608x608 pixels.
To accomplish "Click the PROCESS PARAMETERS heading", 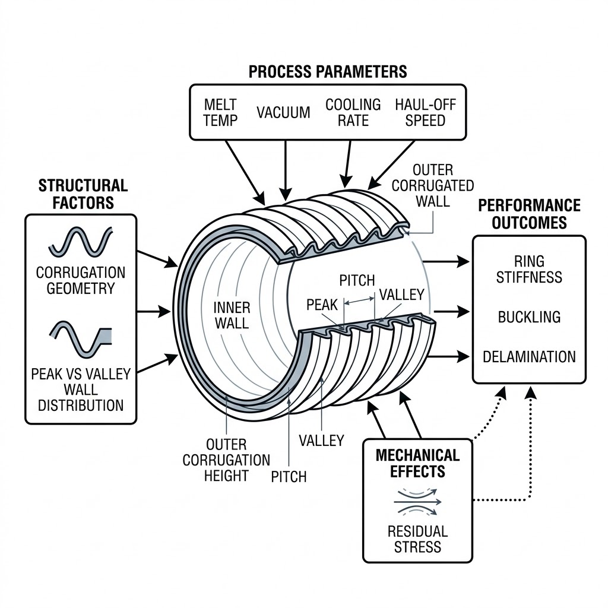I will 328,71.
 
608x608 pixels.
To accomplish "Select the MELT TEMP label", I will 220,112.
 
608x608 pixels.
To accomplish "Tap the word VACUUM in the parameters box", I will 283,113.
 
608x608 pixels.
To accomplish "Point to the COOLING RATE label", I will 353,112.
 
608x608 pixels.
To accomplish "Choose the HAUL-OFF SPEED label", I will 425,112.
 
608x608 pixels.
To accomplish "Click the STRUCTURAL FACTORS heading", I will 83,194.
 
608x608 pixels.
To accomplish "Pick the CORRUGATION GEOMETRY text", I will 81,280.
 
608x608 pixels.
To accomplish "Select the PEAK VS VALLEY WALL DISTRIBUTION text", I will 81,390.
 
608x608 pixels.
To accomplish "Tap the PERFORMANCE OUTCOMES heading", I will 529,214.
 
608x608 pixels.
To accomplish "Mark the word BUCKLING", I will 529,316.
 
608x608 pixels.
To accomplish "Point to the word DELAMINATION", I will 529,357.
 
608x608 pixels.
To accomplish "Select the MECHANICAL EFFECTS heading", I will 417,463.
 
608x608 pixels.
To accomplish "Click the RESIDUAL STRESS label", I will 417,538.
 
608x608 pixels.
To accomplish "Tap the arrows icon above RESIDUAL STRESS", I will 417,502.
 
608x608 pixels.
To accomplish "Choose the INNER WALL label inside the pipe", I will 231,315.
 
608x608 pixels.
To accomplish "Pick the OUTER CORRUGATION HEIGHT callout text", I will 226,460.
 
